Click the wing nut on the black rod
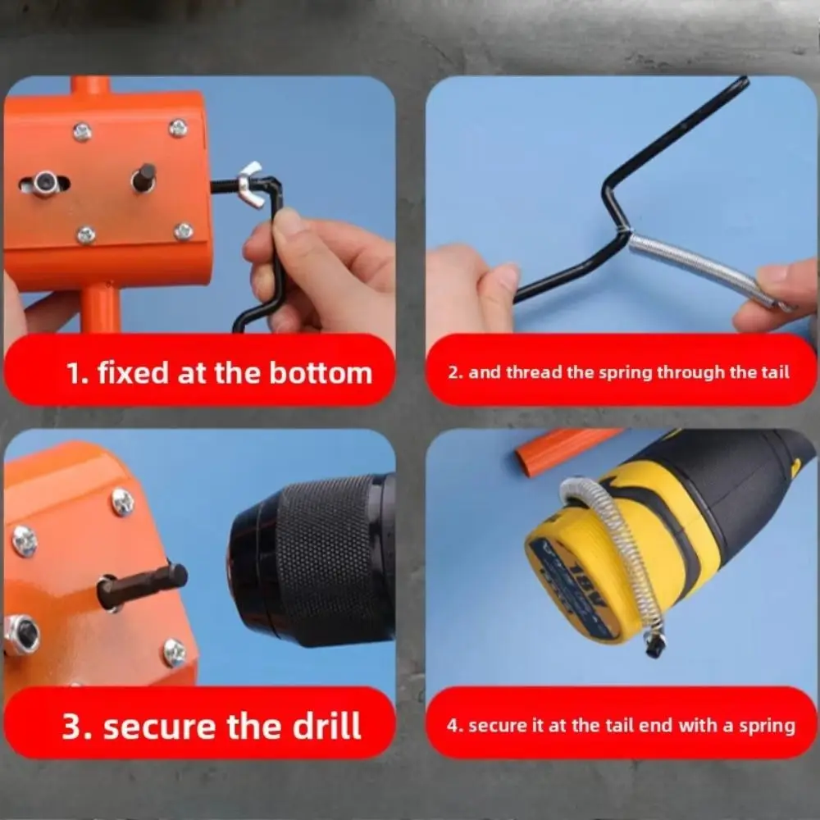251,183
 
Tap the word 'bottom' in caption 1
321,373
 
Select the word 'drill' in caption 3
326,726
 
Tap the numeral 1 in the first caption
74,373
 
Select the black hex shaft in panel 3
142,585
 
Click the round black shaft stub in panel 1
143,178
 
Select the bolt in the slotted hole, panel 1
45,183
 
